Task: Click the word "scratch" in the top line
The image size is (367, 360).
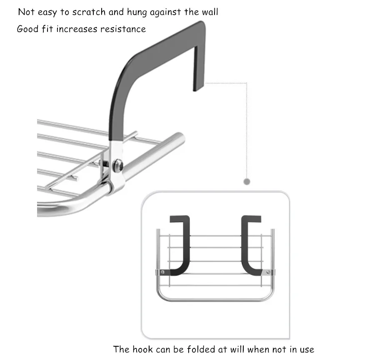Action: (89, 12)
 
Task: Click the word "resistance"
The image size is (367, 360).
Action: (123, 29)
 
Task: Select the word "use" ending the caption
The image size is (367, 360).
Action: (307, 350)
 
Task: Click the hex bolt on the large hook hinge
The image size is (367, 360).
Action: (118, 165)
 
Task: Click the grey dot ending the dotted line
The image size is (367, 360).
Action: (247, 181)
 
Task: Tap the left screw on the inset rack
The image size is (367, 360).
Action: (162, 272)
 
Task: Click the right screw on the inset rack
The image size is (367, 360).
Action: (268, 272)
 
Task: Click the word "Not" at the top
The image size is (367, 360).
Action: (26, 12)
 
